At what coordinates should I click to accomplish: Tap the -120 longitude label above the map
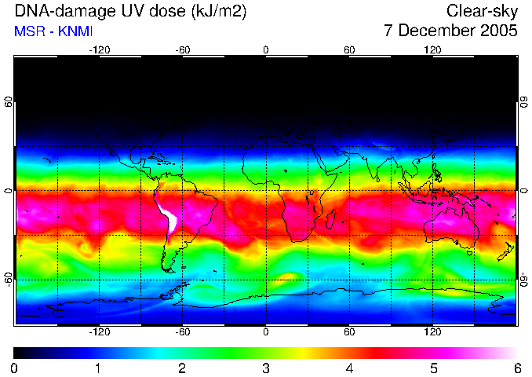point(99,49)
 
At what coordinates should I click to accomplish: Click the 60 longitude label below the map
point(349,331)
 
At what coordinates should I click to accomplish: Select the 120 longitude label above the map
point(432,49)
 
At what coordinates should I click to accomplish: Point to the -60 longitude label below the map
point(182,331)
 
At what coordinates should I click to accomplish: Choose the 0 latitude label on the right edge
point(524,191)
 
